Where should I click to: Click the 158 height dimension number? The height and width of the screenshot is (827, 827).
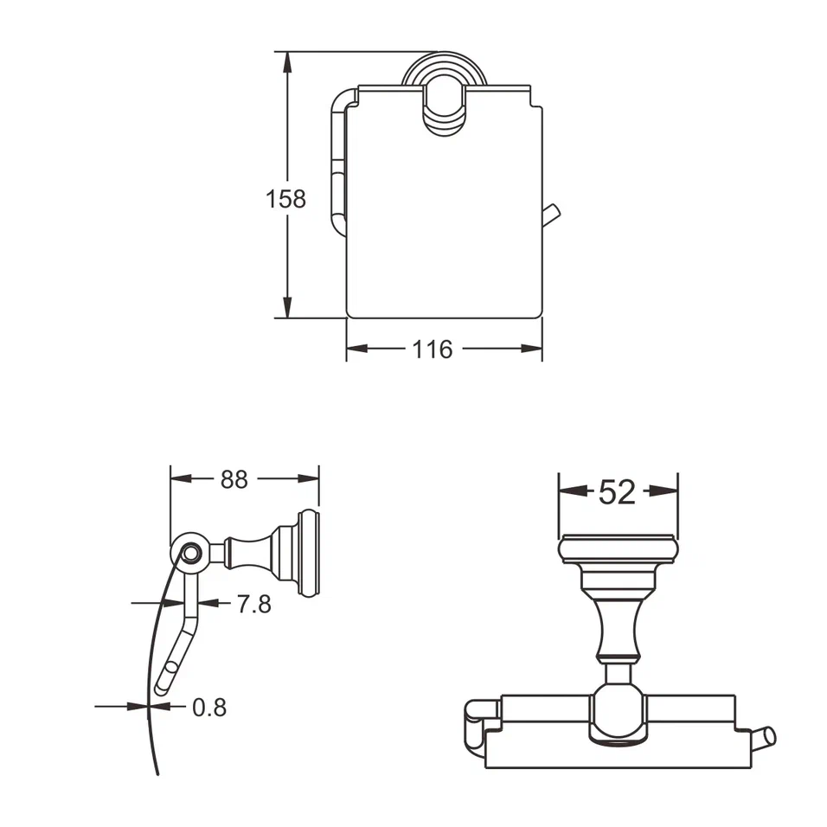click(285, 199)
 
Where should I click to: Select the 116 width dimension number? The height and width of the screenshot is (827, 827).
click(432, 349)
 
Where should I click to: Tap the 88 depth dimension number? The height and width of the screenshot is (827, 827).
click(234, 479)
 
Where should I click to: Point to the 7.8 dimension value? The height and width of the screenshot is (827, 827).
click(253, 604)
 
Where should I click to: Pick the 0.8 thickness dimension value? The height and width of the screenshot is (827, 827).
click(208, 708)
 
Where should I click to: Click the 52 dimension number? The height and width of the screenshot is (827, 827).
click(618, 491)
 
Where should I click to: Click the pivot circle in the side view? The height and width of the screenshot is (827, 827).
click(189, 552)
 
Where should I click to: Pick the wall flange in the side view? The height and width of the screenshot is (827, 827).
click(309, 554)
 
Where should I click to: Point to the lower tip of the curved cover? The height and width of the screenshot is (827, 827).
click(156, 770)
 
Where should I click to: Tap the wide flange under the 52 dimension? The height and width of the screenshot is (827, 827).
click(618, 550)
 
